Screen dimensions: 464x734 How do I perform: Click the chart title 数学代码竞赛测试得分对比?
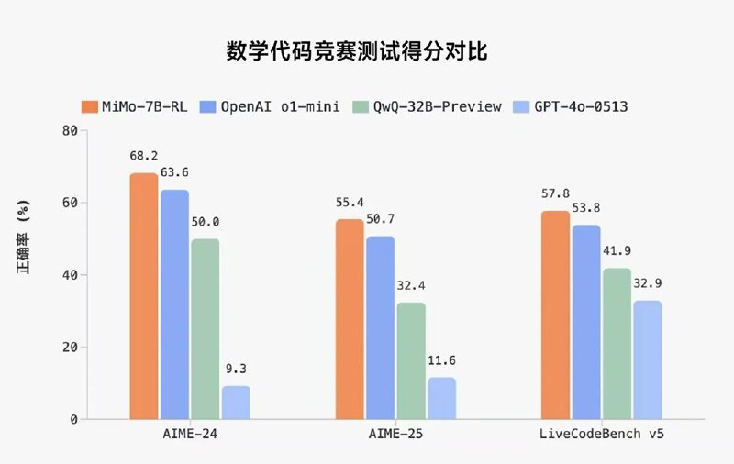(357, 51)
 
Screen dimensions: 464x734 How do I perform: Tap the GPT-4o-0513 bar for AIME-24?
(236, 403)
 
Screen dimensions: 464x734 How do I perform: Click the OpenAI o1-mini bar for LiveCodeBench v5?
(587, 322)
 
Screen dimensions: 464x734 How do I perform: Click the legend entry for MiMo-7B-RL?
(137, 106)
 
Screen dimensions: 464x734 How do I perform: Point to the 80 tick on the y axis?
(69, 130)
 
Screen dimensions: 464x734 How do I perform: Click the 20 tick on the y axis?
(69, 347)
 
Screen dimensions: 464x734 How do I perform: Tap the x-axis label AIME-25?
(396, 435)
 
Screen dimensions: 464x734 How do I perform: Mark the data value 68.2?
(143, 157)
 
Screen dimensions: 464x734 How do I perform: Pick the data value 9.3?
(236, 369)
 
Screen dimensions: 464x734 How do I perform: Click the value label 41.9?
(617, 251)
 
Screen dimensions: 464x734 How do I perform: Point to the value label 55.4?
(350, 203)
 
